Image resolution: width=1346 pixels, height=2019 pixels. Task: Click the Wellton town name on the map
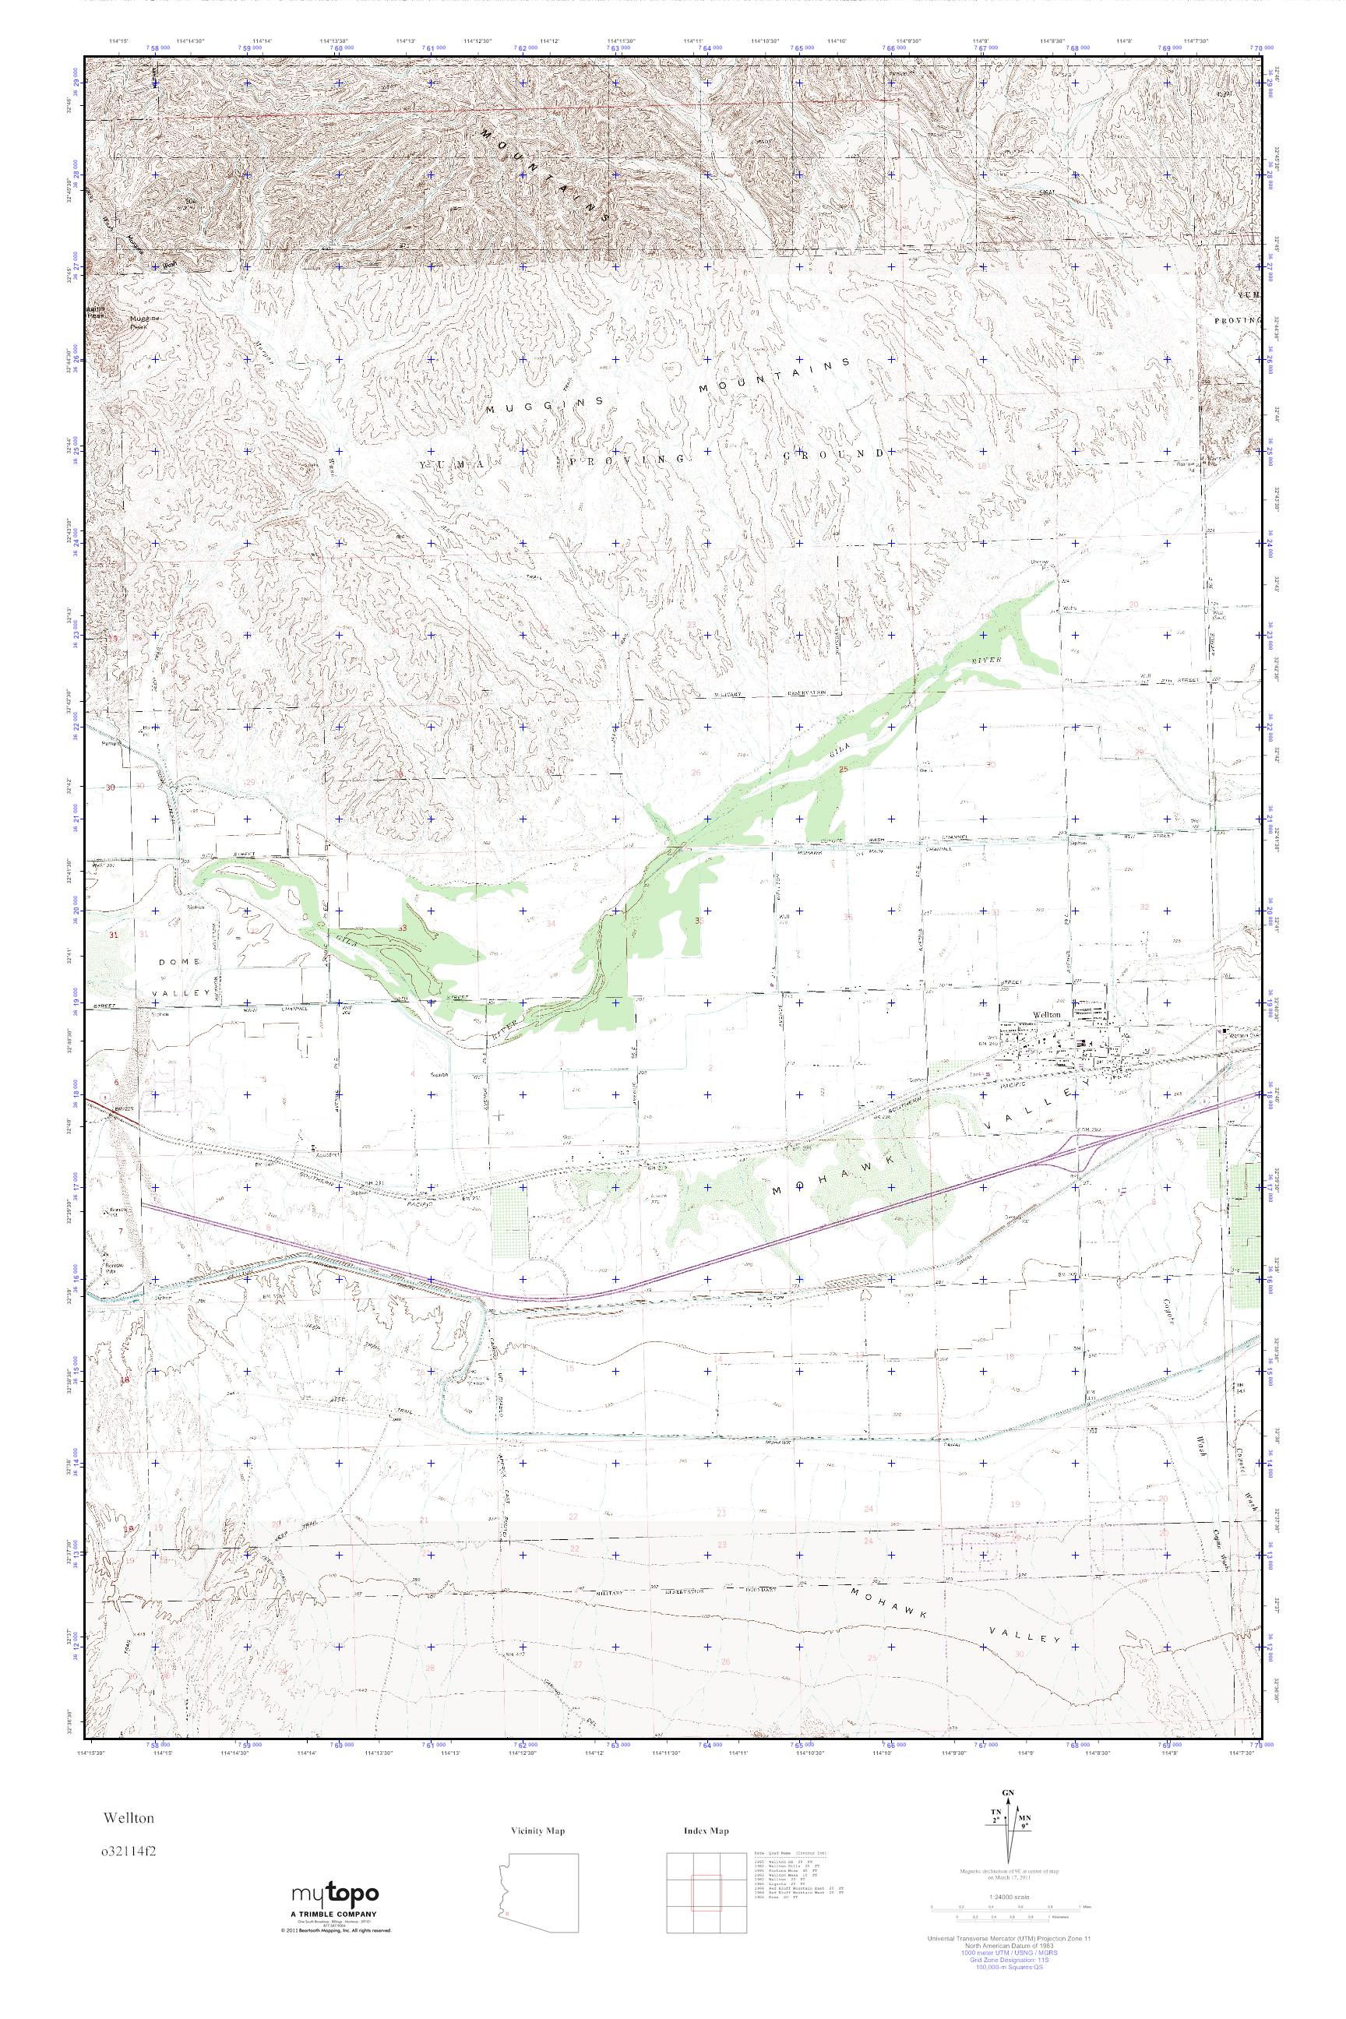click(x=1046, y=1015)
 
